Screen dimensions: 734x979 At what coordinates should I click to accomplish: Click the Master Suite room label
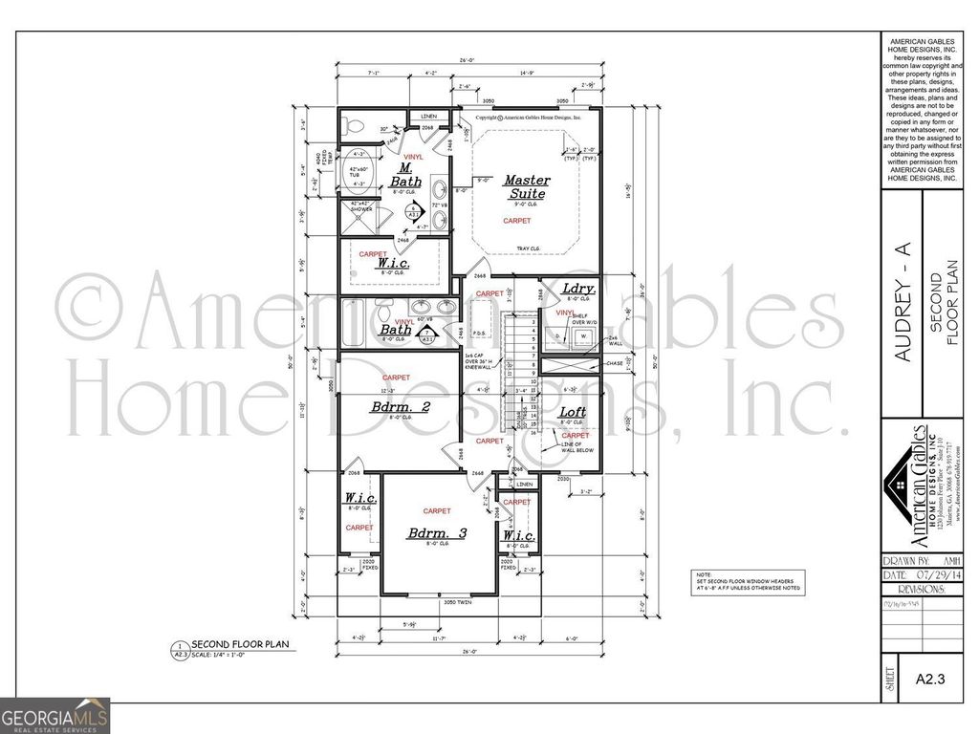[x=527, y=186]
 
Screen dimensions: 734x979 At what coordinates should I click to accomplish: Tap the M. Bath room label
[x=405, y=175]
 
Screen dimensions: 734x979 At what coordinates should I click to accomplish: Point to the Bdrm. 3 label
[x=437, y=532]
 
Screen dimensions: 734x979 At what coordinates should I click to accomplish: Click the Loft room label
[x=574, y=412]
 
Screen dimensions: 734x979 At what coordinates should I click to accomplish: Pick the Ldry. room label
[x=579, y=288]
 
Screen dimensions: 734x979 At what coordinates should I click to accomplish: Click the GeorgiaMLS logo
[x=55, y=716]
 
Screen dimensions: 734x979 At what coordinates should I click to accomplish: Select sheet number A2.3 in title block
[x=929, y=680]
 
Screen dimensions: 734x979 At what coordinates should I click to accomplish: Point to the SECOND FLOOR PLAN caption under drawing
[x=235, y=645]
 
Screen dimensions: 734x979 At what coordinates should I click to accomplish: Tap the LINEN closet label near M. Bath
[x=429, y=117]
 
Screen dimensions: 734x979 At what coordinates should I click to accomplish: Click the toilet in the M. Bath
[x=355, y=125]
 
